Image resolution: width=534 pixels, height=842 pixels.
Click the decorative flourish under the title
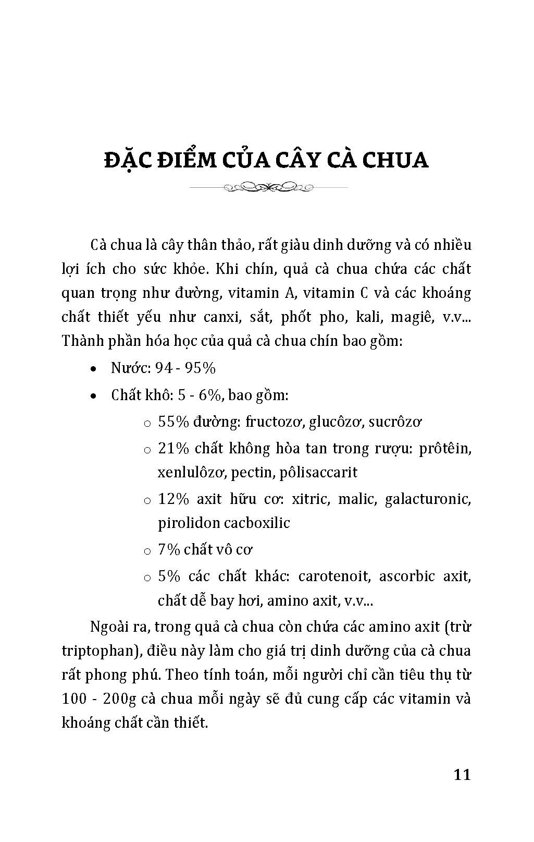click(x=267, y=186)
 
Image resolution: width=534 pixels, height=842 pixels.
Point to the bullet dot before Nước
click(x=93, y=369)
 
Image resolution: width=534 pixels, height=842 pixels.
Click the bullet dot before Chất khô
click(x=93, y=396)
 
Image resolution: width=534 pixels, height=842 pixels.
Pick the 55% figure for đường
click(x=173, y=422)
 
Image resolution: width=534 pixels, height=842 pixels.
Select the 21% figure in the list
click(x=173, y=449)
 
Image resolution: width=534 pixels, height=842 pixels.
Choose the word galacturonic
click(x=428, y=499)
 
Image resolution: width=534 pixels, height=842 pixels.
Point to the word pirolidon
click(x=188, y=523)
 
